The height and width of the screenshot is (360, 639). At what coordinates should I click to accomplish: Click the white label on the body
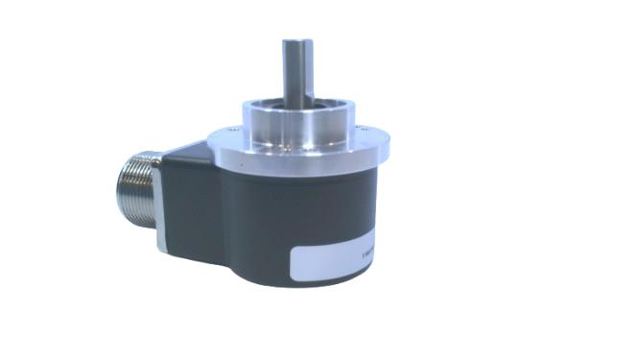[337, 260]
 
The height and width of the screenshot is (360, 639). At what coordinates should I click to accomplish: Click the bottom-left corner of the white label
[294, 280]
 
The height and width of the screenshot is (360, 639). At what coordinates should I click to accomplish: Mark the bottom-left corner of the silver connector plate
[159, 252]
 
